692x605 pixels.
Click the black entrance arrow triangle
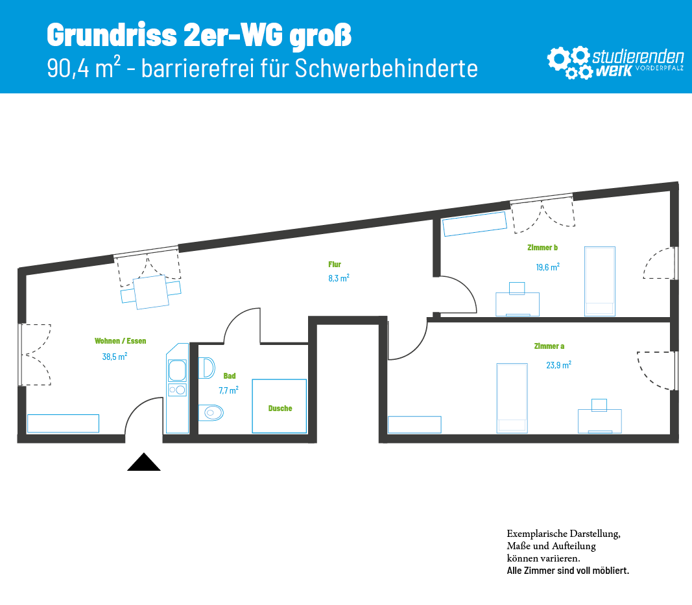[x=144, y=462]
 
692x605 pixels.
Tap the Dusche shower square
[x=280, y=406]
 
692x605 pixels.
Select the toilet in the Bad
[x=211, y=412]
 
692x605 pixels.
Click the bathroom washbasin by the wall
[x=206, y=368]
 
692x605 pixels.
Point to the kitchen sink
[x=178, y=370]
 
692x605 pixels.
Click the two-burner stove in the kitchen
[x=178, y=390]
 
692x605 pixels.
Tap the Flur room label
[x=335, y=265]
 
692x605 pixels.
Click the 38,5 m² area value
[x=115, y=357]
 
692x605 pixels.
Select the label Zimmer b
[x=542, y=248]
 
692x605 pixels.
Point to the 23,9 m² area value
[x=558, y=365]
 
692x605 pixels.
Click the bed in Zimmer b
[x=600, y=281]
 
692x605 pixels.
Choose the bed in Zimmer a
[x=512, y=398]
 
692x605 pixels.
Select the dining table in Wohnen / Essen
[x=151, y=292]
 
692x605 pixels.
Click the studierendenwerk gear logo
[x=569, y=62]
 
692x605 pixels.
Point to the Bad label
[x=230, y=376]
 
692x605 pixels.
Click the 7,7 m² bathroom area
[x=228, y=390]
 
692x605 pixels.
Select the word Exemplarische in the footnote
[x=536, y=534]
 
